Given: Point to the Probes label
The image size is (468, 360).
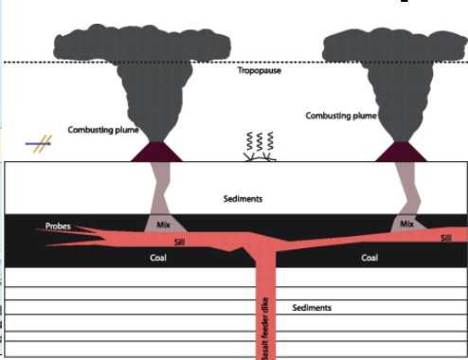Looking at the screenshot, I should [58, 227].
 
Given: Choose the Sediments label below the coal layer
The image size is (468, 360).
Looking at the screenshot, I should [312, 308].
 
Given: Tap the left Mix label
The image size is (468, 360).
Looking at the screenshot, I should [162, 225].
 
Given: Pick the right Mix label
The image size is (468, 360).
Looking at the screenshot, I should [407, 225].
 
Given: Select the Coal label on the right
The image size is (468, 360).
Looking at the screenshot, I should [369, 257].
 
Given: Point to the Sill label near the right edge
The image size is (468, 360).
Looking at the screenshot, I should [446, 238].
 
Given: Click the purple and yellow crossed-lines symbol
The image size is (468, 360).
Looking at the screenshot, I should [39, 144].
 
